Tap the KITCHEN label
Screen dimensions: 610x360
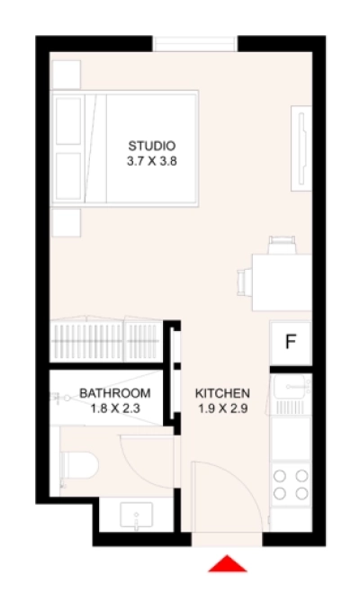click(x=222, y=394)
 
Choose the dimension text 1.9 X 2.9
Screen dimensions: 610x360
click(x=222, y=408)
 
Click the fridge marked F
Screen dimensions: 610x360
click(x=291, y=342)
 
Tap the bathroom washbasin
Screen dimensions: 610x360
click(x=136, y=516)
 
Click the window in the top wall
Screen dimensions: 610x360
click(x=195, y=44)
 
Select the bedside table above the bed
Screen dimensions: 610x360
click(x=66, y=73)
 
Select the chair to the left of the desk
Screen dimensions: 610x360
click(x=244, y=282)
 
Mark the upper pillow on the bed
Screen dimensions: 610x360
click(x=68, y=118)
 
